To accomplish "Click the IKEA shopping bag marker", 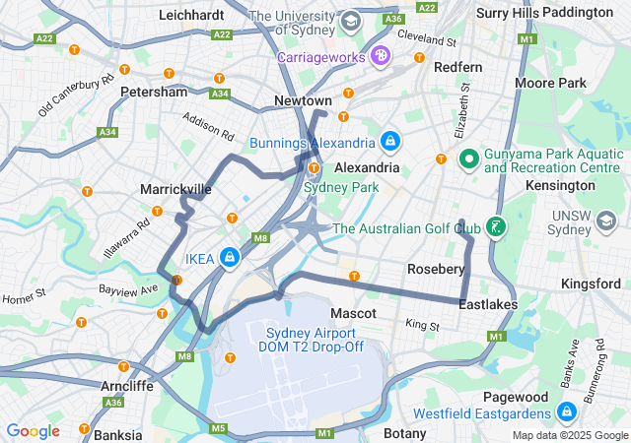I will pyautogui.click(x=229, y=258).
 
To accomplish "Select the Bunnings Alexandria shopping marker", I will pyautogui.click(x=390, y=143).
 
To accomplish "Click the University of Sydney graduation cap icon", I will pyautogui.click(x=351, y=20).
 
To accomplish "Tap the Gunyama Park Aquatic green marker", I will pyautogui.click(x=468, y=158).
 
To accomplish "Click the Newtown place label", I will pyautogui.click(x=303, y=101).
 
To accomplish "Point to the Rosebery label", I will pyautogui.click(x=436, y=269).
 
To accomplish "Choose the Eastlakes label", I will pyautogui.click(x=488, y=305).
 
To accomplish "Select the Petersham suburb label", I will pyautogui.click(x=153, y=92).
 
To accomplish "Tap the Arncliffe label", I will pyautogui.click(x=126, y=386).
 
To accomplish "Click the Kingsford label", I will pyautogui.click(x=590, y=284).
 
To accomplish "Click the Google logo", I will pyautogui.click(x=33, y=431).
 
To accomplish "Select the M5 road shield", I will pyautogui.click(x=218, y=428).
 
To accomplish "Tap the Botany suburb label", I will pyautogui.click(x=404, y=433).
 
